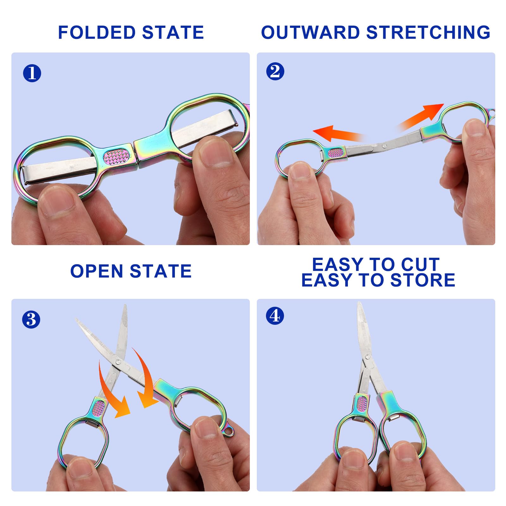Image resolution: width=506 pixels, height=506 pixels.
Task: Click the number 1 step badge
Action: [32, 73]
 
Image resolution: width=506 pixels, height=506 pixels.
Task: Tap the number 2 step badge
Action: [275, 71]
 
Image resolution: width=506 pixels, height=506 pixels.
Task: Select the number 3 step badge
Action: [31, 319]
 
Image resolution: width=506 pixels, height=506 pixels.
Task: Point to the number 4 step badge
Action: [275, 316]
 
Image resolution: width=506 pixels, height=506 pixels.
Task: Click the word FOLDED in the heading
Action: [97, 32]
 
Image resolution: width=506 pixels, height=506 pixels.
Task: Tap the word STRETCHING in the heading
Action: [428, 32]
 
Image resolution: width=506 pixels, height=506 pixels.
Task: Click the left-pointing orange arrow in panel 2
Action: [335, 134]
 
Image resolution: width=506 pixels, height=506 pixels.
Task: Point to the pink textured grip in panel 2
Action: [336, 153]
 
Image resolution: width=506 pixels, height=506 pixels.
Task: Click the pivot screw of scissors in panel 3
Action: [118, 362]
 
